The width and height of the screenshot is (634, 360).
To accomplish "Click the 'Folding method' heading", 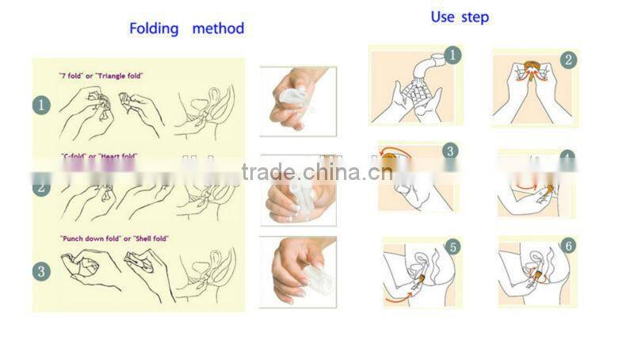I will [186, 29].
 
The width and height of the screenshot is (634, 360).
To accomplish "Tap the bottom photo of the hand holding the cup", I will [297, 271].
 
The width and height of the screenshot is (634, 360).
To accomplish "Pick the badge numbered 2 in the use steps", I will [569, 59].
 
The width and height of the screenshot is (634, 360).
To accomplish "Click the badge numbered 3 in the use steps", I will [450, 151].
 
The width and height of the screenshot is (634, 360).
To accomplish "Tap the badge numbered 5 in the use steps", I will [453, 247].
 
